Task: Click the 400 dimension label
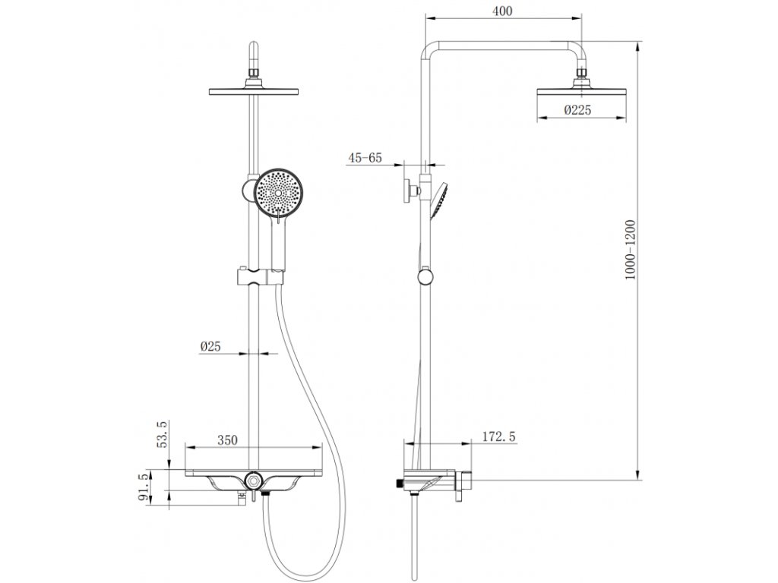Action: click(502, 11)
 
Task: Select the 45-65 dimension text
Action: click(365, 159)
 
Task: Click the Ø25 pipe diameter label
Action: click(210, 346)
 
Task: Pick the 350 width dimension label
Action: click(227, 440)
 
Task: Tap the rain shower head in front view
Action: click(254, 93)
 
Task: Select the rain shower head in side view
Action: click(583, 92)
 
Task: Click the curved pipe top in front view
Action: click(254, 55)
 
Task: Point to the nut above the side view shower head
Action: click(583, 74)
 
